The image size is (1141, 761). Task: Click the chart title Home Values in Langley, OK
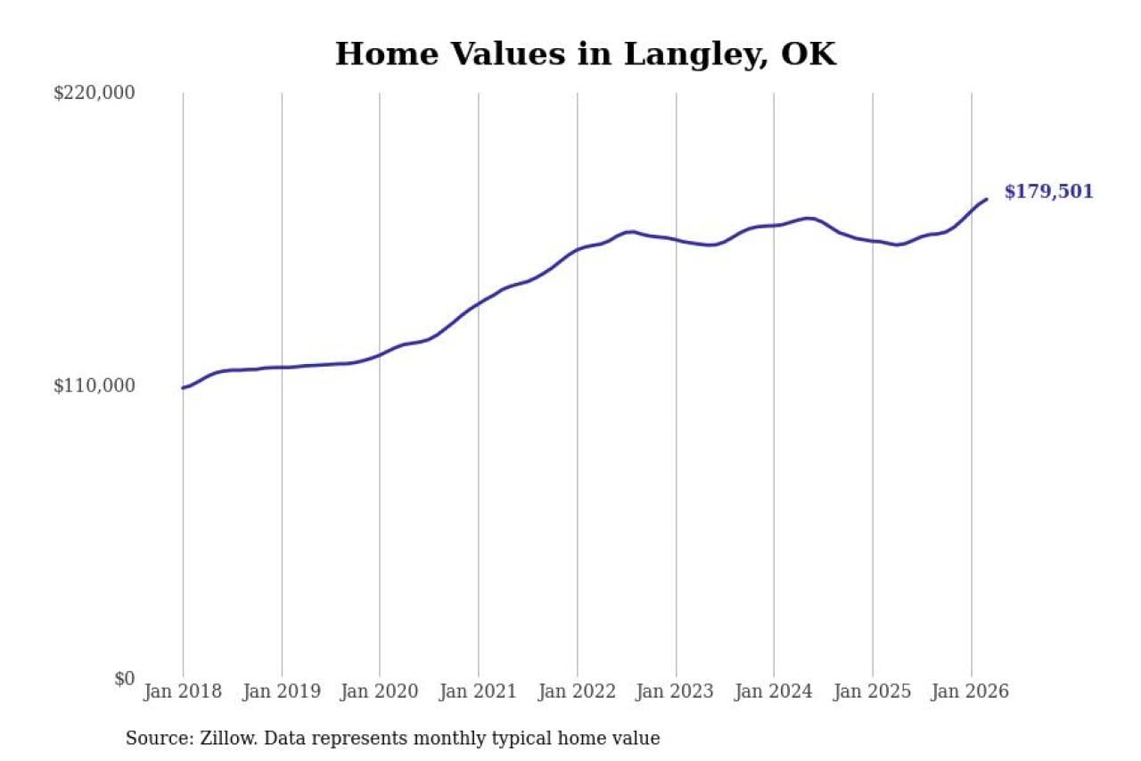coord(586,54)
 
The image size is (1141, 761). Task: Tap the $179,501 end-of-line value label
coord(1048,192)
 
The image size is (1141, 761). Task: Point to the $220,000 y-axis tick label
coord(94,93)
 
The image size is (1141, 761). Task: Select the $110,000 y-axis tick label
coord(94,385)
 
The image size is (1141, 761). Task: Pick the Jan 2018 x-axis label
coord(184,691)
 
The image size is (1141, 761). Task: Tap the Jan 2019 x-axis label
coord(282,691)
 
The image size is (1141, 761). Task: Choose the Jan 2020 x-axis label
coord(380,691)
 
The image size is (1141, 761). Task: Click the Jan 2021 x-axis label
coord(479,691)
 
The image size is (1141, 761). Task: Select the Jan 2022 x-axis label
coord(577,691)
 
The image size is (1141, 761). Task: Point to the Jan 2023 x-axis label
coord(676,691)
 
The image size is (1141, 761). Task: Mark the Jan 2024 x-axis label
coord(774,691)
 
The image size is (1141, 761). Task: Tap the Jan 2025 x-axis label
coord(873,691)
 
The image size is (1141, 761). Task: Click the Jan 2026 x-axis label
coord(971,691)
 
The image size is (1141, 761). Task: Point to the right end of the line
coord(986,199)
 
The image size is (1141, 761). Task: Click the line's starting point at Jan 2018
coord(183,388)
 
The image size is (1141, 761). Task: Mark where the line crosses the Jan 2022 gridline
coord(577,250)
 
